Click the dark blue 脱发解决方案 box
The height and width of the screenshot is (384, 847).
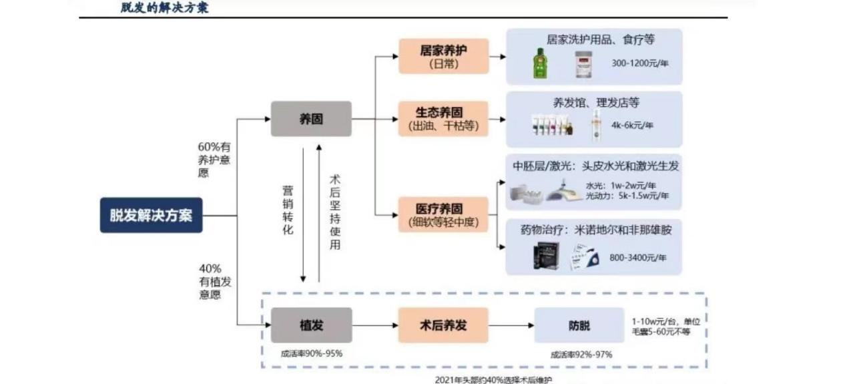pyautogui.click(x=151, y=215)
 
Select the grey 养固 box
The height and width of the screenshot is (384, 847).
pyautogui.click(x=310, y=119)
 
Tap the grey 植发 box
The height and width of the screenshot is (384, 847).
pyautogui.click(x=311, y=325)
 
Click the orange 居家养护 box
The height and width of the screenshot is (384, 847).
pyautogui.click(x=443, y=56)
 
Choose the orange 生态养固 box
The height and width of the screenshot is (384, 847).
pyautogui.click(x=443, y=119)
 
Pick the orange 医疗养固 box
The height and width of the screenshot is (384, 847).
pyautogui.click(x=443, y=214)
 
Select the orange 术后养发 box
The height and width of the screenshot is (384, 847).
pyautogui.click(x=443, y=325)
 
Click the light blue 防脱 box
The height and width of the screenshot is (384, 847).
pyautogui.click(x=579, y=326)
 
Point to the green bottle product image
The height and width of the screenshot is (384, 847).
pyautogui.click(x=539, y=63)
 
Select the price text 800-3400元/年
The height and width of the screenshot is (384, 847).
pyautogui.click(x=637, y=257)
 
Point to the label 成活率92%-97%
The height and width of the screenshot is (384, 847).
pyautogui.click(x=581, y=355)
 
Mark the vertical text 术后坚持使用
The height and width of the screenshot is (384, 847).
pyautogui.click(x=335, y=212)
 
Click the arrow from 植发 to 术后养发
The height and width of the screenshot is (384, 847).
pyautogui.click(x=374, y=326)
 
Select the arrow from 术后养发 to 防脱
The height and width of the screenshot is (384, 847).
pyautogui.click(x=511, y=326)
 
